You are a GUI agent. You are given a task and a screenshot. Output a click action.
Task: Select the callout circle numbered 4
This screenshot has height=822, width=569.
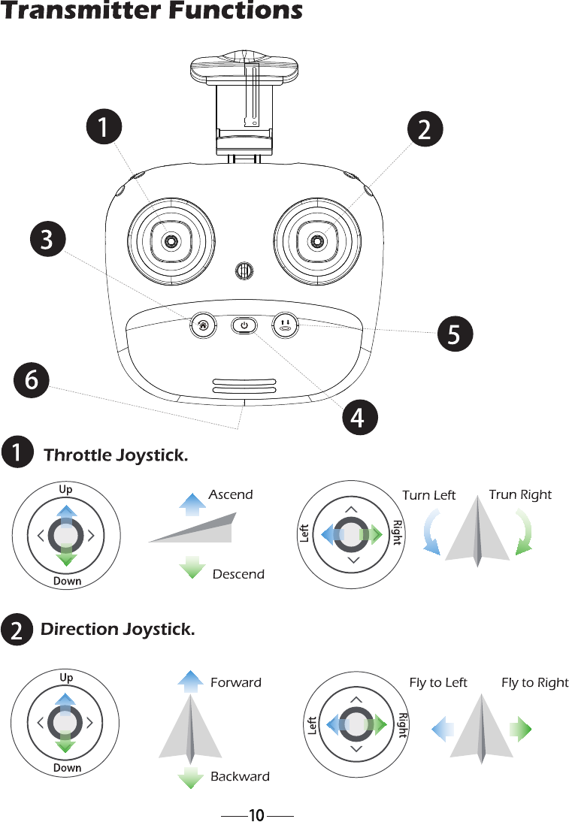(x=359, y=417)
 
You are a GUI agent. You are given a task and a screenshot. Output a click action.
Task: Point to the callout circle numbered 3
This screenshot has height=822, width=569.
(x=47, y=240)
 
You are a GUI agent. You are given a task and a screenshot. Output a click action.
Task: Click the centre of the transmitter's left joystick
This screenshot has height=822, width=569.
(x=171, y=240)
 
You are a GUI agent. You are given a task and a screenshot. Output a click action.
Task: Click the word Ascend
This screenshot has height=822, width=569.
(x=231, y=494)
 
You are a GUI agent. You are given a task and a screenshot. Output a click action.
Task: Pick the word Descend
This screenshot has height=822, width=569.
(x=238, y=574)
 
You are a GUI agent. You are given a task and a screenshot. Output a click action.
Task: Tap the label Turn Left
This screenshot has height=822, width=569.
(x=428, y=495)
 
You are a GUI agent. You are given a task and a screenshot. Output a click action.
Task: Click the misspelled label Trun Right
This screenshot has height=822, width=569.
(x=520, y=494)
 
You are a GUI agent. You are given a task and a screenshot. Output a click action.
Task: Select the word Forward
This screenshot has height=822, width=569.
(x=236, y=682)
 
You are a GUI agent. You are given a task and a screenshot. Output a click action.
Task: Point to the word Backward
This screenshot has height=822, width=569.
(x=240, y=776)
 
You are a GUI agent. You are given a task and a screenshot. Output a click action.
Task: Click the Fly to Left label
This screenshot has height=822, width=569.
(x=437, y=682)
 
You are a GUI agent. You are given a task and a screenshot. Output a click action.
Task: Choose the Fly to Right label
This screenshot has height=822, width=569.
(x=534, y=682)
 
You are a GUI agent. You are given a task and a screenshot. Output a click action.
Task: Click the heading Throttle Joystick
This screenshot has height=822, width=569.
(x=116, y=455)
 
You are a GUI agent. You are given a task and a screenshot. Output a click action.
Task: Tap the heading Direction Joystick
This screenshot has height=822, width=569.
(x=117, y=629)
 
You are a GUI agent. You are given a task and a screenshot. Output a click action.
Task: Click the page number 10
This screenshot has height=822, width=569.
(x=256, y=815)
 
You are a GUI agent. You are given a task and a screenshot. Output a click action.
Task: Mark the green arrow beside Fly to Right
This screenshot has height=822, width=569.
(x=520, y=729)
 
